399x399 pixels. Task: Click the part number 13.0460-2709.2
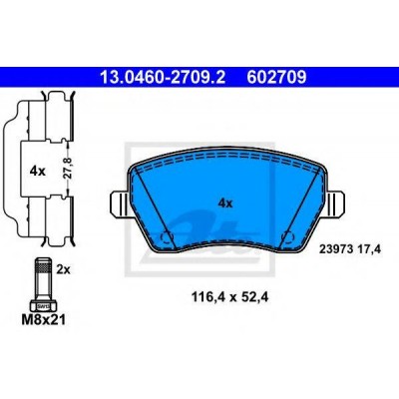pos(163,78)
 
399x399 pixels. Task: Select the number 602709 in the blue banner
pos(276,78)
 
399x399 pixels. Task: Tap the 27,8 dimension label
pos(69,169)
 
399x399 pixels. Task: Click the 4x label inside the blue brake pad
pos(225,202)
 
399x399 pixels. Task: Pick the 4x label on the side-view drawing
pos(37,172)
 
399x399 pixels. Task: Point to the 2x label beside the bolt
pos(63,269)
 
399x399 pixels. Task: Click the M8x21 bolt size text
pos(43,320)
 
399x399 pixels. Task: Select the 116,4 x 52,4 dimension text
pos(229,297)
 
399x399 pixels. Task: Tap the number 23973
pos(333,248)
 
